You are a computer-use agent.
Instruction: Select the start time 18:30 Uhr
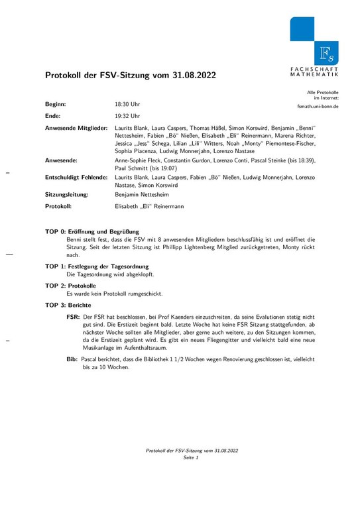click(x=127, y=105)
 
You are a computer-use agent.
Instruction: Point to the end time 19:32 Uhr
click(x=127, y=115)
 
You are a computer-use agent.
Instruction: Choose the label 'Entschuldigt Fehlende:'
click(x=76, y=178)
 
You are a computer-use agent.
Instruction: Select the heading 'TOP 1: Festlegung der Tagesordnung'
click(x=97, y=266)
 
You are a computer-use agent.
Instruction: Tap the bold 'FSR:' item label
click(x=73, y=317)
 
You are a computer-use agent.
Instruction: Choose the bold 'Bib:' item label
click(x=72, y=359)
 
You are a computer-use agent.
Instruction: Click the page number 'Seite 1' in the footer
click(x=192, y=458)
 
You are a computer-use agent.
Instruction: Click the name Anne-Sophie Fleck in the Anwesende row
click(x=140, y=160)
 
